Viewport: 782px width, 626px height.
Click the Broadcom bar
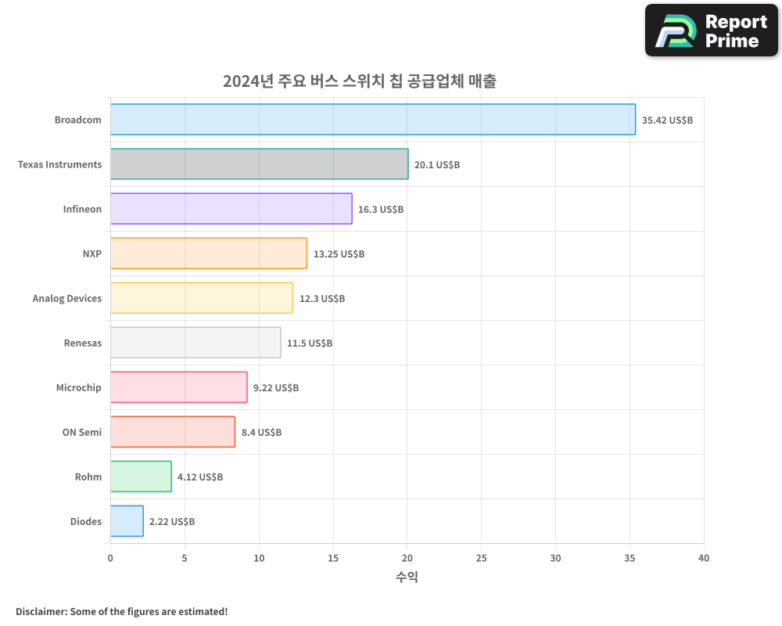372,120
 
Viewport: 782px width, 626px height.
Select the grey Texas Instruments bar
259,164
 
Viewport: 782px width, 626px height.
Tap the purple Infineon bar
231,209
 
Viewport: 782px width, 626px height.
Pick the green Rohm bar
141,477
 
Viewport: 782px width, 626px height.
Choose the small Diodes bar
127,521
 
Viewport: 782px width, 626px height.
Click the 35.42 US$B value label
667,121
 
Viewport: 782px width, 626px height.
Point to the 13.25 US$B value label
339,254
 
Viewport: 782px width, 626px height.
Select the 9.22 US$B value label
275,388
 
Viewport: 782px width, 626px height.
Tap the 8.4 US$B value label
261,433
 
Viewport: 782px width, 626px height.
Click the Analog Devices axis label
67,299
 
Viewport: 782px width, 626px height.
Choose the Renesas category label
83,344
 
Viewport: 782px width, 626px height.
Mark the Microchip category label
79,388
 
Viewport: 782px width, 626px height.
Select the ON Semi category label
82,433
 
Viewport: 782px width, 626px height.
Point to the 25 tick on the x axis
481,559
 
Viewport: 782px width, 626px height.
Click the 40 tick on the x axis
704,559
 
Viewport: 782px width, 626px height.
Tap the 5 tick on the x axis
185,559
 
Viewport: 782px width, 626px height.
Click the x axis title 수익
407,577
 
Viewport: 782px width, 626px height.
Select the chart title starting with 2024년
359,81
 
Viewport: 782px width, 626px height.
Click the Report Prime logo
711,31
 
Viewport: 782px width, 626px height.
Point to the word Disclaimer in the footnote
40,612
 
